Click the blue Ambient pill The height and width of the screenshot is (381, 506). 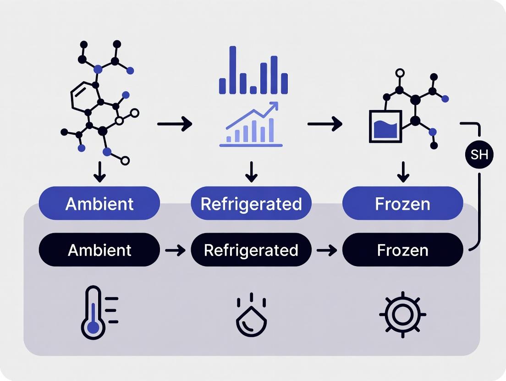coord(99,204)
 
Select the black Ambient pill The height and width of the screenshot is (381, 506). coord(99,250)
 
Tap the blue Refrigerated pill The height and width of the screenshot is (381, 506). coord(251,204)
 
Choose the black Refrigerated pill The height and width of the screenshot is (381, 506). coord(251,250)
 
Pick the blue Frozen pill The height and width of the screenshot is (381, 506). coord(402,204)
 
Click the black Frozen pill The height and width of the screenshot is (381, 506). coord(402,250)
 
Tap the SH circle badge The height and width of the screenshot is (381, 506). coord(479,155)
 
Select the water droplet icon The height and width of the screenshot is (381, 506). coord(251,316)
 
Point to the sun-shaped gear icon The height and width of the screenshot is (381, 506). coord(402,315)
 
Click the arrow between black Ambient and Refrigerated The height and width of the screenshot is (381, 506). coord(175,250)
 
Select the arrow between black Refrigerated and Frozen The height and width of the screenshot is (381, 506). coord(327,250)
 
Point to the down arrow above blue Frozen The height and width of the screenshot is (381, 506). coord(402,172)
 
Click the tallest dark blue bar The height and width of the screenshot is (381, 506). coord(233,70)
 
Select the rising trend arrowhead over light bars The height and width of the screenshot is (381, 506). coord(274,106)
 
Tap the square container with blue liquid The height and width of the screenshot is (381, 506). coord(385,126)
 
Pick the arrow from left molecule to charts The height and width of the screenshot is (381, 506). coord(175,124)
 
